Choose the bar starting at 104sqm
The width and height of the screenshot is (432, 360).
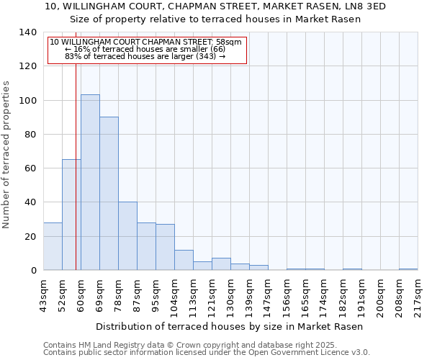click(x=184, y=260)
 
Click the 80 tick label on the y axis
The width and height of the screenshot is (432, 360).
click(x=30, y=135)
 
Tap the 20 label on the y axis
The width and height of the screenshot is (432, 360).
click(x=30, y=236)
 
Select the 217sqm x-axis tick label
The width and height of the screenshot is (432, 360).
click(x=418, y=296)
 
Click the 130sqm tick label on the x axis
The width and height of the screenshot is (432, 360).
click(x=231, y=296)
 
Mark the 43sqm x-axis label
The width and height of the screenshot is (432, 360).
click(x=44, y=296)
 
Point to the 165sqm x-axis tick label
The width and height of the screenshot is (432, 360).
click(x=306, y=296)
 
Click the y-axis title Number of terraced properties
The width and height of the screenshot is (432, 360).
click(x=7, y=155)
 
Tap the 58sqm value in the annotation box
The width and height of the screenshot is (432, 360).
click(x=228, y=42)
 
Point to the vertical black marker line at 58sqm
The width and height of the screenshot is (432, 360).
click(x=76, y=180)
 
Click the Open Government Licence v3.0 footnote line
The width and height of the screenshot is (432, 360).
click(x=207, y=352)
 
